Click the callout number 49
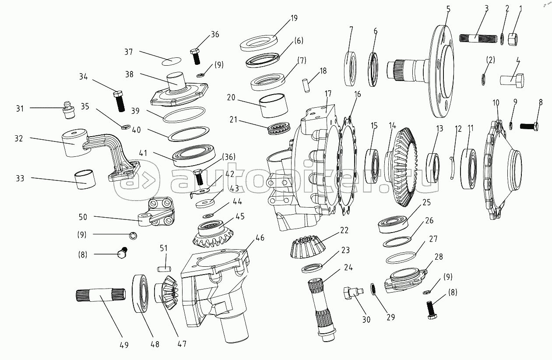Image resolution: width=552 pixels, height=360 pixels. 124,345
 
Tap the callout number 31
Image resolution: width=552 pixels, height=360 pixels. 20,109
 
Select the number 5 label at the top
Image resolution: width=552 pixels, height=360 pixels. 448,9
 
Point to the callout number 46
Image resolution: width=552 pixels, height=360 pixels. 260,238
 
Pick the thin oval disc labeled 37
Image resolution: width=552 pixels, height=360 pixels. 171,61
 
